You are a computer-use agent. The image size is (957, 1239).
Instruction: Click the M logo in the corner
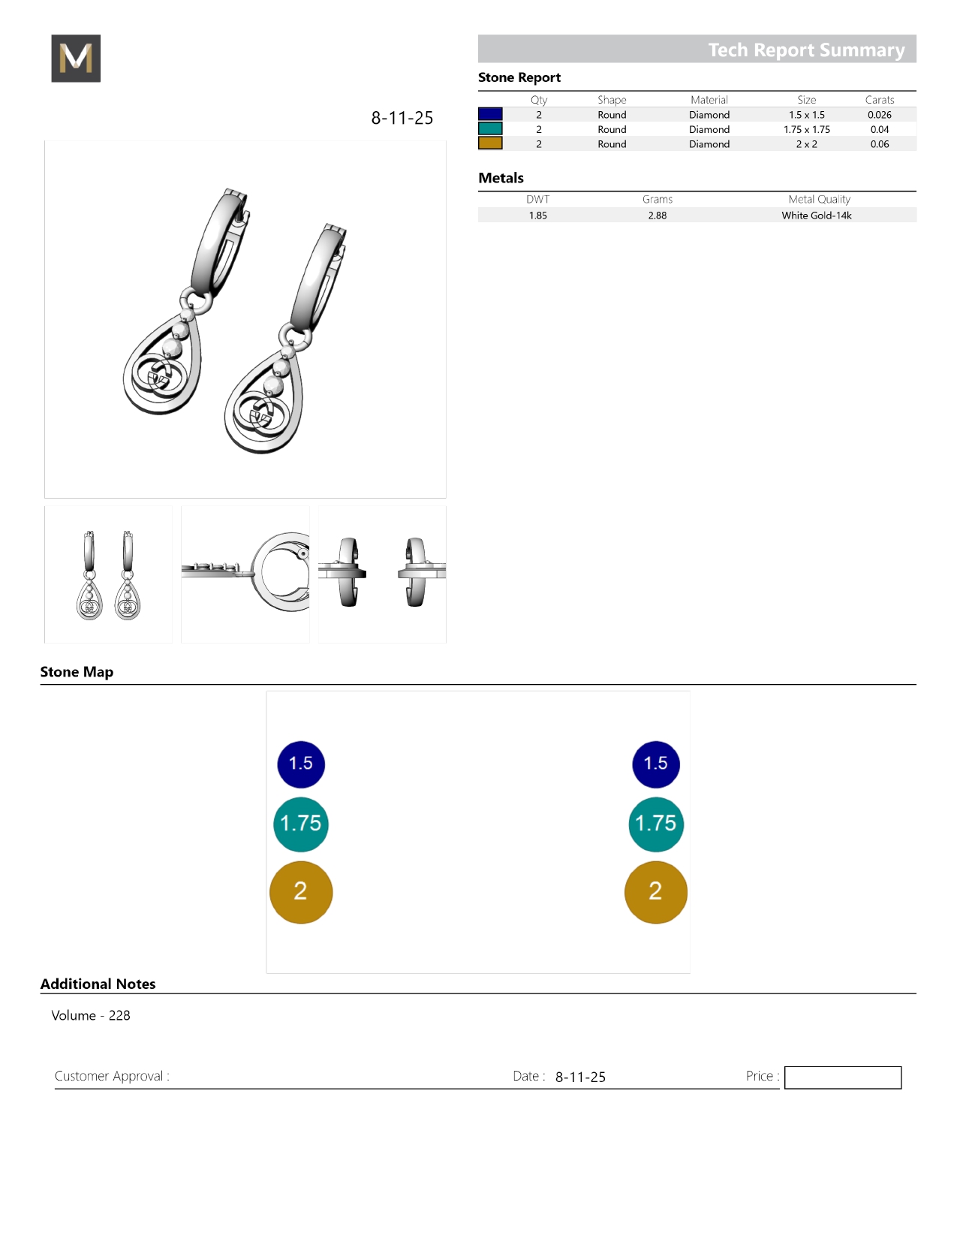(x=76, y=59)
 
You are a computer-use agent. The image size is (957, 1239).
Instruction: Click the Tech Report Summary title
(x=806, y=50)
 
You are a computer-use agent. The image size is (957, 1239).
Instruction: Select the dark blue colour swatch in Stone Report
(x=490, y=114)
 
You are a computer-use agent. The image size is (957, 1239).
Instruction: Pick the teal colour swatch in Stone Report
(x=490, y=129)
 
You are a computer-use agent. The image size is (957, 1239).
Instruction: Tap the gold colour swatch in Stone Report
(x=490, y=143)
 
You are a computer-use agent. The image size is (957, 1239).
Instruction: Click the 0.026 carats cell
(x=879, y=115)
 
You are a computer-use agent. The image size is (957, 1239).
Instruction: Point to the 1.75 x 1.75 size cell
(x=806, y=129)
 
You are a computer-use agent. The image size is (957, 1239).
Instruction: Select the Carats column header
(x=879, y=100)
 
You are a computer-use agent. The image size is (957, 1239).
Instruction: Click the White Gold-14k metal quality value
(x=816, y=216)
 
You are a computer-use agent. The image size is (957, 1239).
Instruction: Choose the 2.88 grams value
(x=657, y=216)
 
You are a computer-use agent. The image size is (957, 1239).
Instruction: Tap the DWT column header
(x=537, y=200)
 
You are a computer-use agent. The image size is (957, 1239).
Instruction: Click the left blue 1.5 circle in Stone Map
(x=301, y=764)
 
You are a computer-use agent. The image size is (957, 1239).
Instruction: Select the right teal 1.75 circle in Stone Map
(x=655, y=824)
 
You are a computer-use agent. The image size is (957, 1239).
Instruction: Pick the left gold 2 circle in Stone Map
(x=301, y=892)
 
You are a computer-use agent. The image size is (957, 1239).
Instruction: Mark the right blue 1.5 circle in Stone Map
(x=655, y=764)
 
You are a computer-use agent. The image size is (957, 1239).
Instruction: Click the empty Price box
(x=842, y=1078)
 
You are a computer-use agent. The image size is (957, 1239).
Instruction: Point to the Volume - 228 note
(x=91, y=1016)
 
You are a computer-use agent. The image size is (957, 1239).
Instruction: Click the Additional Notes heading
(x=98, y=984)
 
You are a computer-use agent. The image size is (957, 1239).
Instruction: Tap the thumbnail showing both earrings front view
(x=109, y=574)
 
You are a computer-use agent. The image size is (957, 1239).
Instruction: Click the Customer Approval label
(x=112, y=1076)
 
